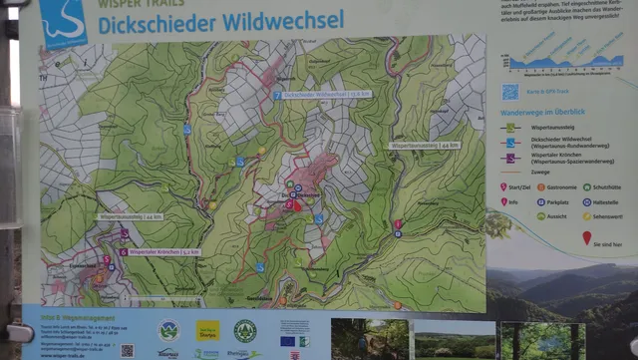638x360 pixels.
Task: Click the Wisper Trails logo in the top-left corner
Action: pyautogui.click(x=63, y=22)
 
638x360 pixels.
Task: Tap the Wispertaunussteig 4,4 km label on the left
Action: pyautogui.click(x=129, y=216)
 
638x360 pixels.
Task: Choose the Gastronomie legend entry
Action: pyautogui.click(x=557, y=186)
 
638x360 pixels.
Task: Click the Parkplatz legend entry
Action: pyautogui.click(x=557, y=201)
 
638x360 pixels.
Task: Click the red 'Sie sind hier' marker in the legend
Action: pyautogui.click(x=587, y=238)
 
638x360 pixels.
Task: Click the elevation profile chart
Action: pyautogui.click(x=558, y=62)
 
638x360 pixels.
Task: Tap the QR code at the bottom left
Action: pyautogui.click(x=128, y=350)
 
